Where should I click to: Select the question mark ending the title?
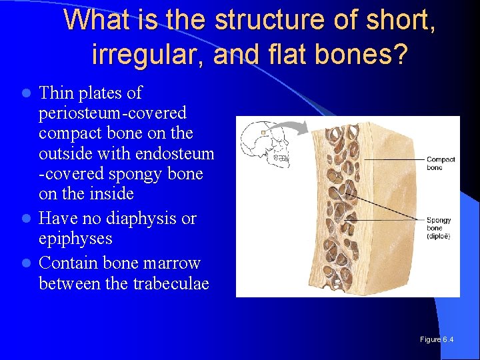tap(399, 53)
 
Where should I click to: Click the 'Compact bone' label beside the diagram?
tap(441, 163)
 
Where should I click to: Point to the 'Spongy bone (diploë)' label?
tap(439, 228)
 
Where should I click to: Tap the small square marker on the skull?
tap(265, 133)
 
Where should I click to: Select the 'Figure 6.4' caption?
tap(437, 339)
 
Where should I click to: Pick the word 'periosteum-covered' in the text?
tap(112, 113)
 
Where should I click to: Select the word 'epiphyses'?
tap(75, 239)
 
